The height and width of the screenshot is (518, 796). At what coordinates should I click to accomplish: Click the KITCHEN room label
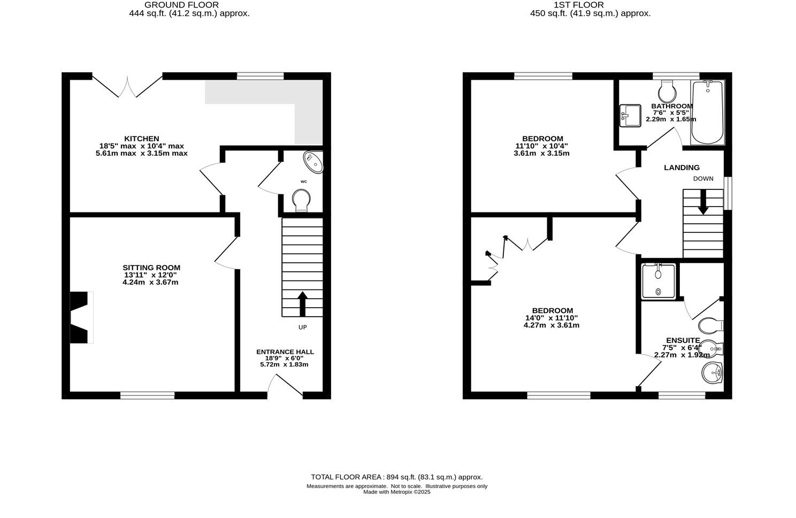point(142,139)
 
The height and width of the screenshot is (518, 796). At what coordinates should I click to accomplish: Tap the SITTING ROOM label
point(151,268)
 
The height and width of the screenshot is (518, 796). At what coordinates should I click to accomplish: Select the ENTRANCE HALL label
point(285,352)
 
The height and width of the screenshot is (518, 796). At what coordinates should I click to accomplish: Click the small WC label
point(304,181)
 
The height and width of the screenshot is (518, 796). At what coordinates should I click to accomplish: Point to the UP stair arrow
point(302,303)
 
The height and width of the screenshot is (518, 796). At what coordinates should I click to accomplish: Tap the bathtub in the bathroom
point(707,112)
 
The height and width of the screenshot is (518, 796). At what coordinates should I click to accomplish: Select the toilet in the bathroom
point(667,92)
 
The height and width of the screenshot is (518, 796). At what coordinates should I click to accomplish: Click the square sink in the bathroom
point(630,116)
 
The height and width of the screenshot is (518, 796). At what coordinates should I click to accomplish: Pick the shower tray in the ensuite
point(659,280)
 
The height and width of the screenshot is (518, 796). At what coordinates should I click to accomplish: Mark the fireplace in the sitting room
point(81,317)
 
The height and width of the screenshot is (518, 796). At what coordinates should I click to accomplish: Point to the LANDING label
point(682,167)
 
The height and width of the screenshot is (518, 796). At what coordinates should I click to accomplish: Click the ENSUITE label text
point(683,340)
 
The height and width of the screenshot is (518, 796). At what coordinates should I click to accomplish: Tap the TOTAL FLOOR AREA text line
point(396,477)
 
